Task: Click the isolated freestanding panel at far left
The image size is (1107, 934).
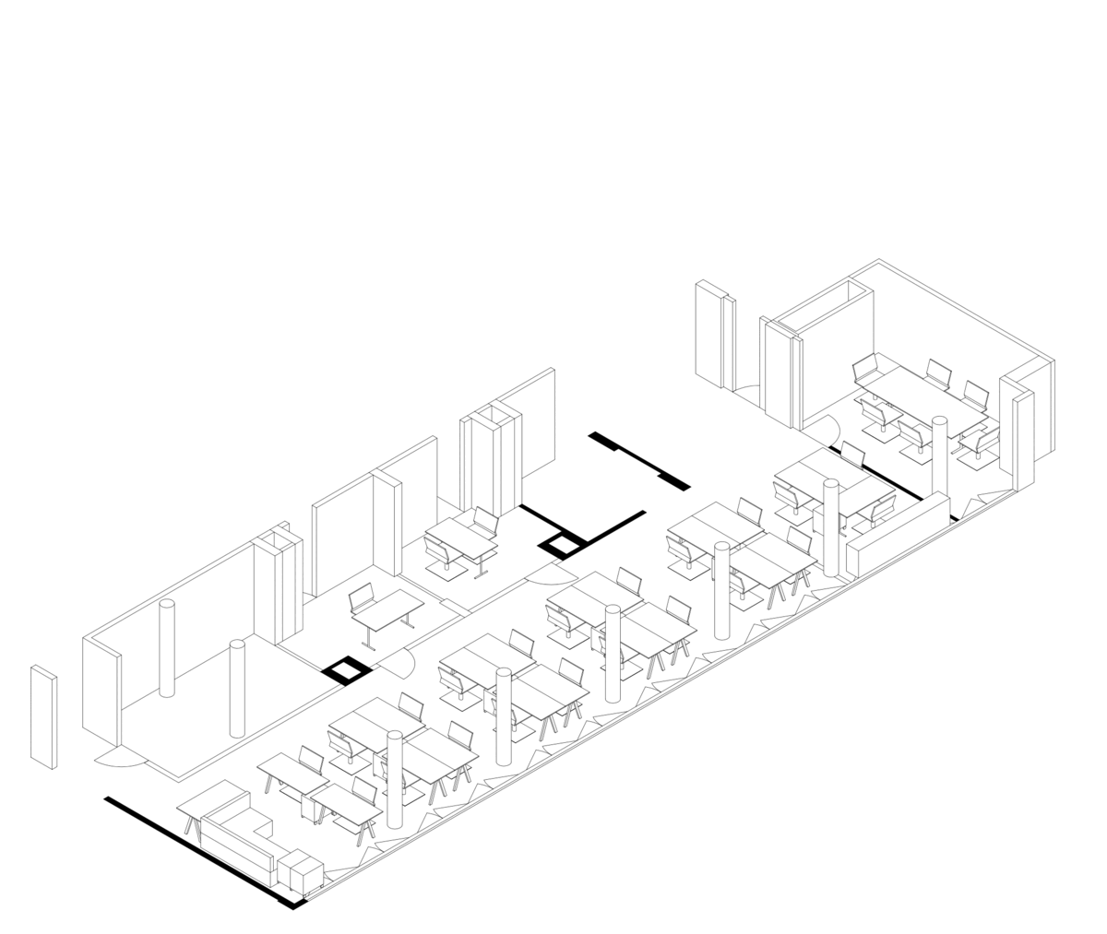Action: point(43,716)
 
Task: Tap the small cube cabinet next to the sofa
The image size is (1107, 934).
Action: point(301,871)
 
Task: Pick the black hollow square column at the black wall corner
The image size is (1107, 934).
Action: point(562,547)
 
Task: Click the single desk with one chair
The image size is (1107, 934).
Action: point(387,609)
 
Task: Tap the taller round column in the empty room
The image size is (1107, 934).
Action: point(167,647)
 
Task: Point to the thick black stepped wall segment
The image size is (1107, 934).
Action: point(638,459)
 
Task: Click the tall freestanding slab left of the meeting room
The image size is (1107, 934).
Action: point(713,337)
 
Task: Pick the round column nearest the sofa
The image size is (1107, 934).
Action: point(395,779)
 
